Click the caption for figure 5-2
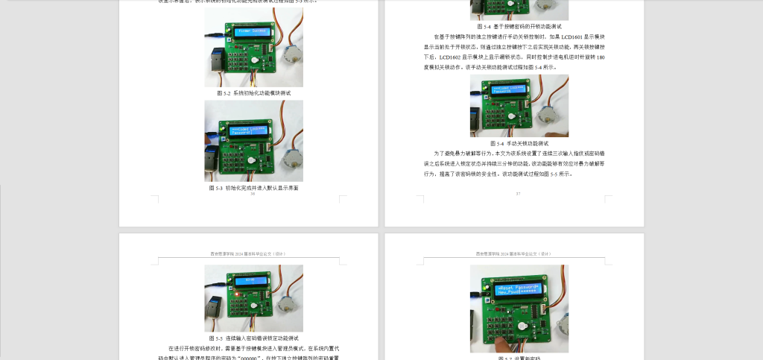[253, 93]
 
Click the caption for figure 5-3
[253, 188]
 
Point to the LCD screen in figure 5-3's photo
[250, 131]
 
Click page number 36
[253, 194]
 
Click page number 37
[518, 194]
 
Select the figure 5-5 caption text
[253, 338]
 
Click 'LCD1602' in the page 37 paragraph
[452, 57]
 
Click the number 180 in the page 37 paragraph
[600, 57]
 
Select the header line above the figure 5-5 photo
[253, 253]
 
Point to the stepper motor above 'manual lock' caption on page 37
[554, 112]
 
